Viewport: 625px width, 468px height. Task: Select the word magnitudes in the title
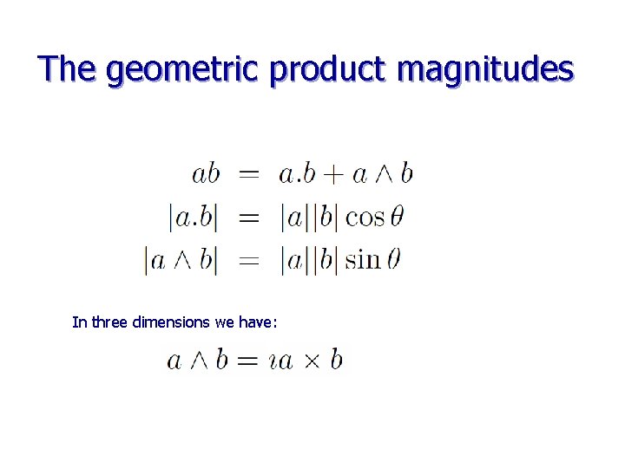point(484,68)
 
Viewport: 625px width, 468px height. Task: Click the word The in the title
point(67,68)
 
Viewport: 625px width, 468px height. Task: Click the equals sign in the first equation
point(249,174)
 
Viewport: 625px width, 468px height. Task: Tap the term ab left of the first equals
point(206,174)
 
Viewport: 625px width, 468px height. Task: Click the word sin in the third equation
point(363,260)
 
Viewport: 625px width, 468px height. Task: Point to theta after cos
point(397,217)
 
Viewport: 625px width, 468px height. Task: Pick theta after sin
point(393,260)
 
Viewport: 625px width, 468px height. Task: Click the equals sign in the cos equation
point(249,217)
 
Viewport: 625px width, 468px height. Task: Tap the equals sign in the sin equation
point(249,260)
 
